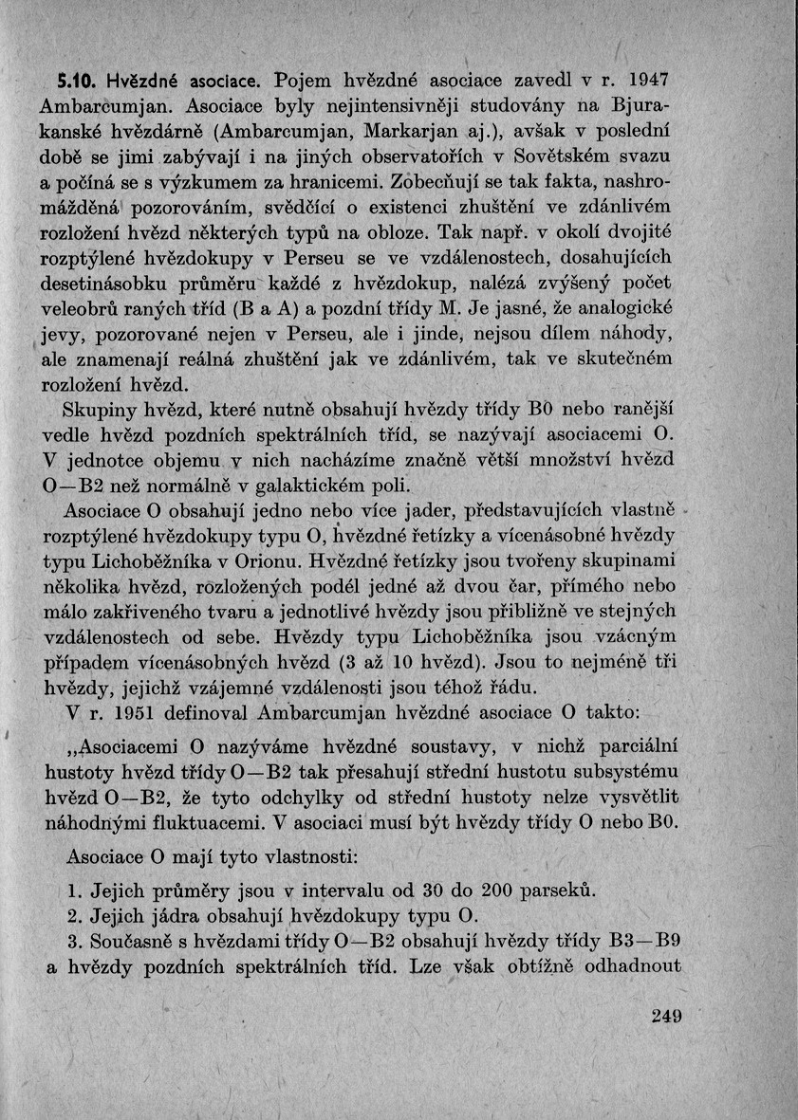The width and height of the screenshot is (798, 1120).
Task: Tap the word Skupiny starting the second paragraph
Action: click(x=96, y=410)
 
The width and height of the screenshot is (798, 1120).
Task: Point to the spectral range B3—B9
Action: click(x=644, y=943)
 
